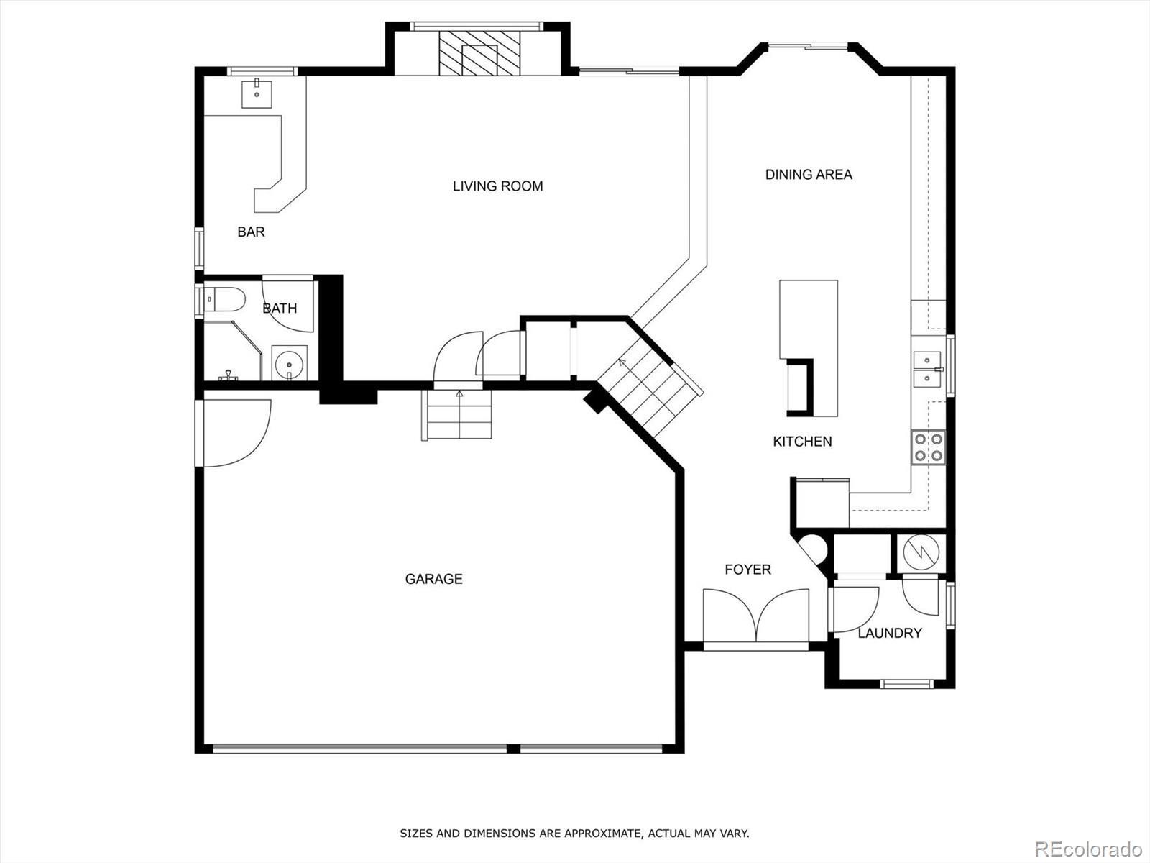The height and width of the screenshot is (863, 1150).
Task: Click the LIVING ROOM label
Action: click(x=497, y=186)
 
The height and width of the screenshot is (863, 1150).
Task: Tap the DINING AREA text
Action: click(x=809, y=175)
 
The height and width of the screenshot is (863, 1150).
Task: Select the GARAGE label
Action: click(x=434, y=578)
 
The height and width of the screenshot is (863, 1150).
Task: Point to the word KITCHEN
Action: click(x=802, y=441)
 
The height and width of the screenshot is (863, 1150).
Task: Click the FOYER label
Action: click(x=747, y=569)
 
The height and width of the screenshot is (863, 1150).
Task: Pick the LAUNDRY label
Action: click(x=890, y=632)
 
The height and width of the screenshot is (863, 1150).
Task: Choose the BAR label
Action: click(x=251, y=232)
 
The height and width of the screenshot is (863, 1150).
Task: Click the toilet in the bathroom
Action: click(x=224, y=299)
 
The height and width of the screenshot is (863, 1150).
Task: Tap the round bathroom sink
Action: click(x=289, y=362)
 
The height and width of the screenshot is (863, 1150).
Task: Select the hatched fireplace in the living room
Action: click(x=479, y=53)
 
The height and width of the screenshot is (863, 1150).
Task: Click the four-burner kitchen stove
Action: click(x=929, y=447)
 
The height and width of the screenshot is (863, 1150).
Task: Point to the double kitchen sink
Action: click(x=928, y=369)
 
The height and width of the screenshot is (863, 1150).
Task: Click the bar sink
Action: click(x=257, y=94)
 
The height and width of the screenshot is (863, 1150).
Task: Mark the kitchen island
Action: click(x=809, y=348)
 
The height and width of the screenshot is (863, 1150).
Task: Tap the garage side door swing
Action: click(x=236, y=433)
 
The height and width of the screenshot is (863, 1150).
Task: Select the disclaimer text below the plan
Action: click(x=574, y=833)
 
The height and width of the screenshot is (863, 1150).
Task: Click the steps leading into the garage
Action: click(x=457, y=414)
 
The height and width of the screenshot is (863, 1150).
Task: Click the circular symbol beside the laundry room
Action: click(x=921, y=553)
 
